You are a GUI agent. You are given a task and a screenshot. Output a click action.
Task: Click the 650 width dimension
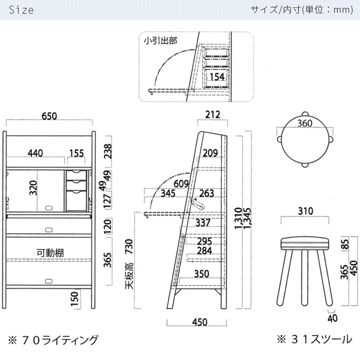click(x=49, y=116)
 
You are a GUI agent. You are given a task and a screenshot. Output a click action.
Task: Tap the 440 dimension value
click(x=35, y=153)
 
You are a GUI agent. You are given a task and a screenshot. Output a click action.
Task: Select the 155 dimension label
click(x=77, y=153)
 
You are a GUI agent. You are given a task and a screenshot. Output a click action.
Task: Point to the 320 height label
click(x=33, y=188)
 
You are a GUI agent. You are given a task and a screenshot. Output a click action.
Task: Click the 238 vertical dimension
click(x=107, y=151)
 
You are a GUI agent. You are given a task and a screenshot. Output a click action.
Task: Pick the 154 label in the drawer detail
click(x=217, y=77)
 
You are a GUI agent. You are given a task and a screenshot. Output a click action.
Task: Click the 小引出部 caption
click(x=160, y=41)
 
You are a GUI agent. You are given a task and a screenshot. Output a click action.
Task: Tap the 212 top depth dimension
click(x=212, y=115)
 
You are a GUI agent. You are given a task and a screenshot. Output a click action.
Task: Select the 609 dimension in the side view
click(x=181, y=184)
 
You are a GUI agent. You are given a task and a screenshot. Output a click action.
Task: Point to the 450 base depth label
click(x=200, y=322)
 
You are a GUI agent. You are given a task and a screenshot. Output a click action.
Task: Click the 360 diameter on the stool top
click(x=305, y=123)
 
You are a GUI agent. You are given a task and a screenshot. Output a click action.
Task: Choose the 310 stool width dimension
click(x=305, y=211)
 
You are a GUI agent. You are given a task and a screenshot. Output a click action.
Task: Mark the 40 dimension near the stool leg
click(x=333, y=318)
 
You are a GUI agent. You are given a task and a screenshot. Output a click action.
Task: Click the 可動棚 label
click(x=50, y=253)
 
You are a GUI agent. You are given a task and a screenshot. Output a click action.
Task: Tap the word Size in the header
click(x=21, y=10)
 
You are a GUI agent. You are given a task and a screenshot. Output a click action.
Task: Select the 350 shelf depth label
click(x=202, y=274)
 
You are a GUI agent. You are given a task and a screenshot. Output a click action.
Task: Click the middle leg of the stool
click(x=304, y=278)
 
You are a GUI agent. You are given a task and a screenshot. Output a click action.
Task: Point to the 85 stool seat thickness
click(x=345, y=244)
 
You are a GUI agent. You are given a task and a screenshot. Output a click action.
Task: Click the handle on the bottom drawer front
click(x=49, y=281)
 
